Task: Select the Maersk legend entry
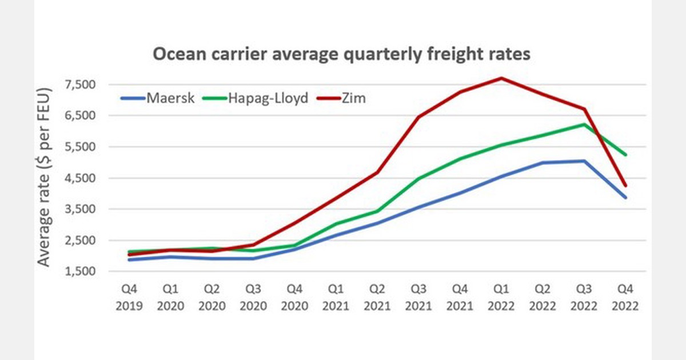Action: [158, 98]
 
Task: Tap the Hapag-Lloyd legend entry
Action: [260, 98]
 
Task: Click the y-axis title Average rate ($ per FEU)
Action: [45, 177]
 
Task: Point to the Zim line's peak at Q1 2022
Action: [501, 78]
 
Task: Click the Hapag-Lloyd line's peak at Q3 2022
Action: [584, 125]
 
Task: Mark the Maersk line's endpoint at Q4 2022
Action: [626, 197]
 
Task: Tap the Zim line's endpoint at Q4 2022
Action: [626, 185]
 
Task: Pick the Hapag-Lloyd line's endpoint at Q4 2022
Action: [626, 154]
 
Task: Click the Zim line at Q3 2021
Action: [419, 117]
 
